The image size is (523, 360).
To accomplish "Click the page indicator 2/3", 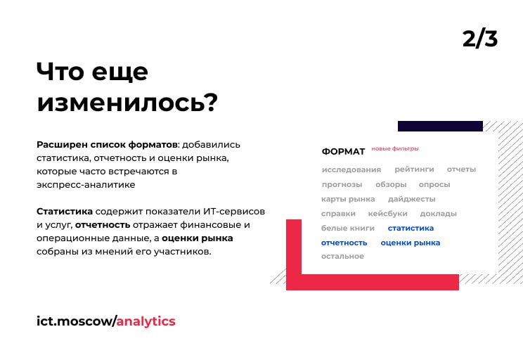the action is point(480,39).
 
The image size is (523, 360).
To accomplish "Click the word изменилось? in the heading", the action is point(127,102).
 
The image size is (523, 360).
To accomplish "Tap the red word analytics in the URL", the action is point(146,321).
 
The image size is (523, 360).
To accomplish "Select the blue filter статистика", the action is point(411,229).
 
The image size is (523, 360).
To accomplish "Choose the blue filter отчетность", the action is point(344,243).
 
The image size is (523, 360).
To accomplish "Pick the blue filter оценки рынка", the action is point(411,243).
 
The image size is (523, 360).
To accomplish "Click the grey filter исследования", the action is point(351,170).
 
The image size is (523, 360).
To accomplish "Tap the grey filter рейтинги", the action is point(414,169).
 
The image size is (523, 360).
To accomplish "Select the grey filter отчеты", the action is point(461,169).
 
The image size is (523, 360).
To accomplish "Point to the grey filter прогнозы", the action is point(342,184).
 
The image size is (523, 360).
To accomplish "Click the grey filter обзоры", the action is point(391,184).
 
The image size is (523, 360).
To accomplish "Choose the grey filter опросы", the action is point(434,184).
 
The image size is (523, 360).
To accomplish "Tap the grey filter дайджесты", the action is point(412,199).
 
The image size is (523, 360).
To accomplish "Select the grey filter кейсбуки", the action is point(387,214).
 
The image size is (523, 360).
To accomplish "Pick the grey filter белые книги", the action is point(347,229).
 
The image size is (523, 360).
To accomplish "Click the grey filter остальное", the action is point(342,256).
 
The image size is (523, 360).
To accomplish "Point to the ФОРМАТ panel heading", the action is point(343,151).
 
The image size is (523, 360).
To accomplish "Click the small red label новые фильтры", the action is point(395,149).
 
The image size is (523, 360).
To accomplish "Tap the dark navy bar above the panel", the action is point(440,126).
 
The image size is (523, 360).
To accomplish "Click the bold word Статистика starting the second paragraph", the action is point(65,212).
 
